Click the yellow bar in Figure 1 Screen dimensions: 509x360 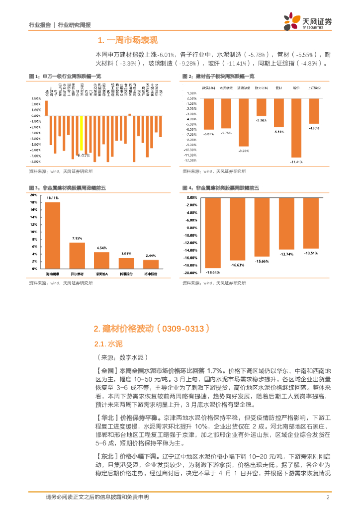click(x=81, y=134)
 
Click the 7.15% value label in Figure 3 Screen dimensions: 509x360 click(x=77, y=239)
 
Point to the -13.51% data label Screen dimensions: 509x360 click(x=311, y=253)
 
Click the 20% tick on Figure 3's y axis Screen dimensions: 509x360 click(x=34, y=195)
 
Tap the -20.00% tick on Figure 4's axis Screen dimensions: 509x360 click(x=192, y=273)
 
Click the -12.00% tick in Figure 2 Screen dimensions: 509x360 click(x=190, y=161)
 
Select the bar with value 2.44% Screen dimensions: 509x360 click(x=151, y=264)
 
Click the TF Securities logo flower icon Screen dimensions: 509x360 click(x=290, y=21)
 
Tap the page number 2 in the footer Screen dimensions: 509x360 click(x=328, y=497)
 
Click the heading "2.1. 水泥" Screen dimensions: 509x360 click(x=108, y=343)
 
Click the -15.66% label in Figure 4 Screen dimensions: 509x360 click(x=262, y=261)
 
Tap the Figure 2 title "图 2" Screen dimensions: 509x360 click(x=187, y=77)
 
